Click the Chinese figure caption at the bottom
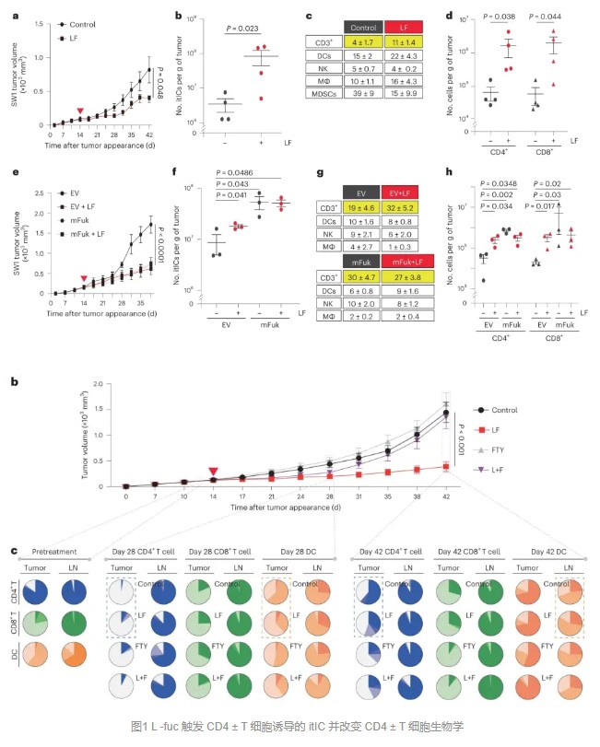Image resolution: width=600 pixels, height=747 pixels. click(x=300, y=727)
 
